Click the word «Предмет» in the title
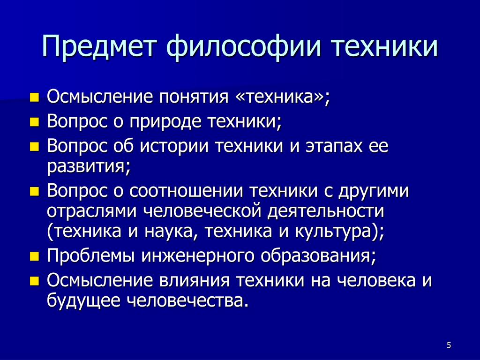(x=99, y=46)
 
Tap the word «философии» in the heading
(x=243, y=46)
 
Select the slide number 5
(x=449, y=345)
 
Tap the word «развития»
(x=86, y=167)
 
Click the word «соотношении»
(x=186, y=191)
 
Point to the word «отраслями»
(x=91, y=212)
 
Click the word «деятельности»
(x=326, y=211)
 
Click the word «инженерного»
(x=198, y=256)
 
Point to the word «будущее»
(x=83, y=300)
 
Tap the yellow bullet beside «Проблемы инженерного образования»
(x=35, y=256)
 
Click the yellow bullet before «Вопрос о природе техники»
(x=35, y=122)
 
